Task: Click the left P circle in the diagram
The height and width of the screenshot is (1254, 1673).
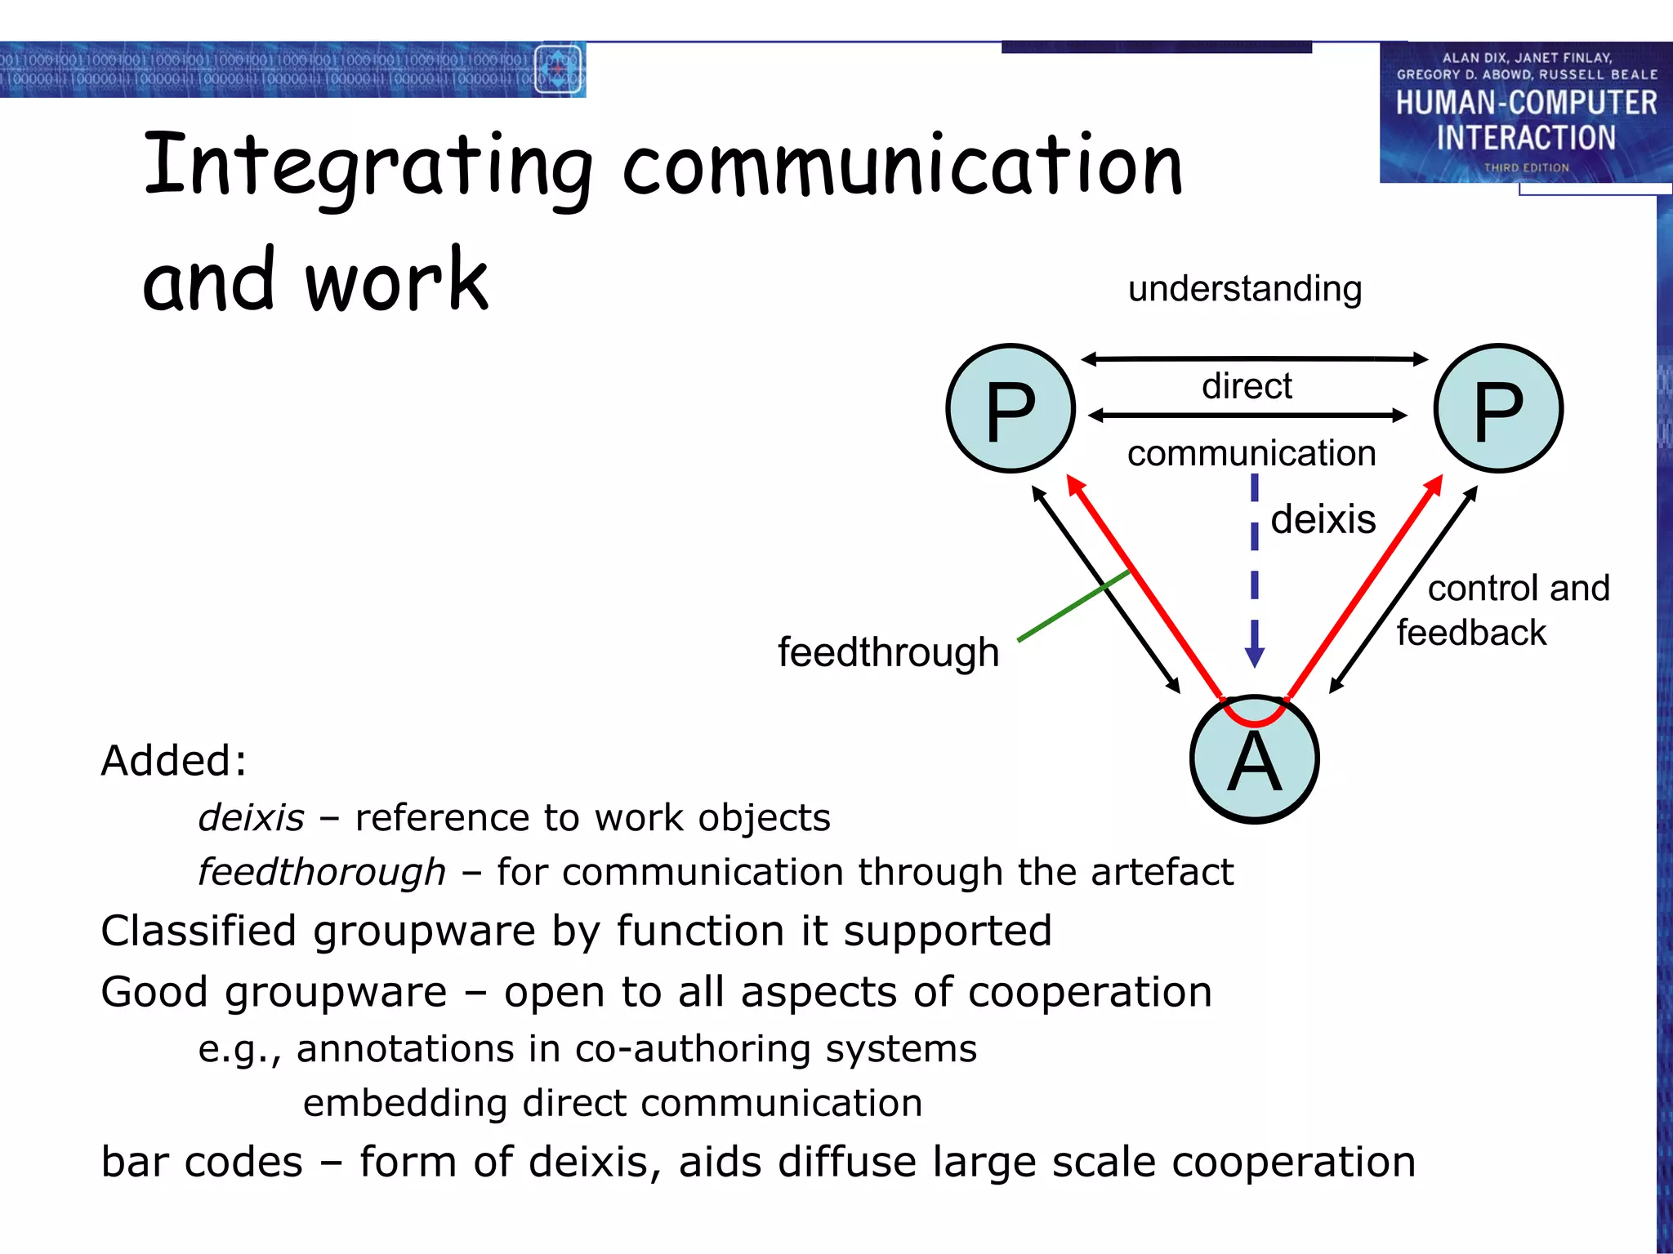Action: pos(1010,408)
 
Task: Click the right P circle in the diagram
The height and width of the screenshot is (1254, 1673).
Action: pos(1498,408)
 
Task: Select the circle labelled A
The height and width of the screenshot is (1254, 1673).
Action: pos(1254,760)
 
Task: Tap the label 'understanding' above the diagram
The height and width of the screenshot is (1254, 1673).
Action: pos(1245,289)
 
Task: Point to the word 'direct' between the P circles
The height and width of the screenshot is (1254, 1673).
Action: pos(1247,386)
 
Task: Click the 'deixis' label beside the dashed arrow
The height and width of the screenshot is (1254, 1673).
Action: pos(1323,519)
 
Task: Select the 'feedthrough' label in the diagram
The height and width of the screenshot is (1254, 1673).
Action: pos(888,652)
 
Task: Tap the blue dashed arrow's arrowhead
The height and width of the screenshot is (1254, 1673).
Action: pos(1255,656)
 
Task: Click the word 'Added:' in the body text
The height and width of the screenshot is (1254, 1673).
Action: pos(173,761)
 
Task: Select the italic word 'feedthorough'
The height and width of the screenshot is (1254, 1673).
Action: pos(322,872)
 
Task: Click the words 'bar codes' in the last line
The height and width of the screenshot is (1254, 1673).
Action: pos(202,1162)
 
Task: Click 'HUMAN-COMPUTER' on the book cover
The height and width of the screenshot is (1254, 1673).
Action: pos(1526,103)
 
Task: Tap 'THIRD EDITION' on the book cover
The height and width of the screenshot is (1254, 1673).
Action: pos(1526,167)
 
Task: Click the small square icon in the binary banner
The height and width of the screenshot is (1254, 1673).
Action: pos(558,69)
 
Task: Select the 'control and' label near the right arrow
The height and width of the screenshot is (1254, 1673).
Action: pos(1519,588)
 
